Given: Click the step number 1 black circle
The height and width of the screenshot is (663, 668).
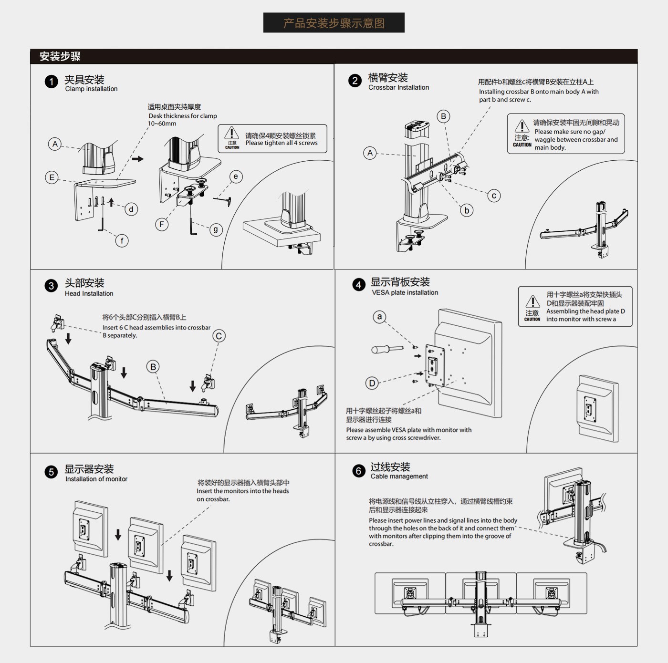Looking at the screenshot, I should point(51,82).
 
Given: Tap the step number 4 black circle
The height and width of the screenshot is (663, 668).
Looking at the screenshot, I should point(358,285).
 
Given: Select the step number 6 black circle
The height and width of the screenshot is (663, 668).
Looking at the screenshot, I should point(358,471).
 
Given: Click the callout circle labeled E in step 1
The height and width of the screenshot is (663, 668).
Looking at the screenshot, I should point(52,177).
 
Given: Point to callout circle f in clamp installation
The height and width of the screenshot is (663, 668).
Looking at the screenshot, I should point(122,241).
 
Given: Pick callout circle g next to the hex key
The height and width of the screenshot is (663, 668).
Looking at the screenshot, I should point(216,229).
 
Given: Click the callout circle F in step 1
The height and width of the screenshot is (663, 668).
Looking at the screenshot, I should point(162,224).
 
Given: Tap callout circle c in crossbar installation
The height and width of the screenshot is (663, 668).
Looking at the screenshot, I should point(494,196).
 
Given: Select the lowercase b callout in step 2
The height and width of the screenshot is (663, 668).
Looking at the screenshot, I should point(467,210).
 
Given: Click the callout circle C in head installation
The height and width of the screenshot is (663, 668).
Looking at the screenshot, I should point(219,336).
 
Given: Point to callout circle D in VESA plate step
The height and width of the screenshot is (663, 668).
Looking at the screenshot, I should point(372,383).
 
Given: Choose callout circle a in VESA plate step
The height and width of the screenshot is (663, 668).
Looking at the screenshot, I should point(379,316).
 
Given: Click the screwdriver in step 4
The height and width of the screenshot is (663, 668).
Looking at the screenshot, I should point(387,349).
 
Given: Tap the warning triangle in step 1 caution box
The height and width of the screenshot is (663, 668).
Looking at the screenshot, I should point(232,133).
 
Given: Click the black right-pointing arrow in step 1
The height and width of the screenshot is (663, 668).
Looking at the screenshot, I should point(138,159).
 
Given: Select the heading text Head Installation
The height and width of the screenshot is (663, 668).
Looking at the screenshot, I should point(89,293).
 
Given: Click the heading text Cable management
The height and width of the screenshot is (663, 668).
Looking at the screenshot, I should point(399,476).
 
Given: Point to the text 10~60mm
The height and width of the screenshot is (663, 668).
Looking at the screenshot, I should point(162,124).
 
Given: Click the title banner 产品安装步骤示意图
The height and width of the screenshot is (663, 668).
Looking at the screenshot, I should point(334,23).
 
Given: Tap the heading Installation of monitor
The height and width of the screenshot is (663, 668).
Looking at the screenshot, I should point(96,479).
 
